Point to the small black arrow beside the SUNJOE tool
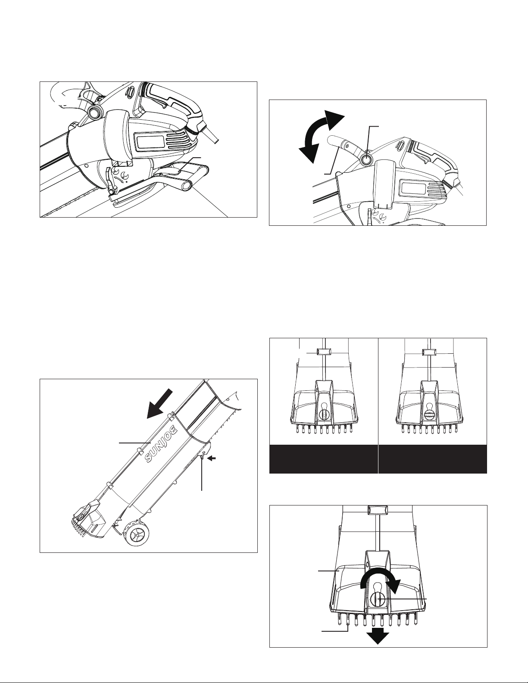tap(212, 459)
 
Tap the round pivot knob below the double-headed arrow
tap(366, 160)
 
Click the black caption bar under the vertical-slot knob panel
tap(324, 459)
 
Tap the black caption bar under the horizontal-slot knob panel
tap(433, 459)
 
